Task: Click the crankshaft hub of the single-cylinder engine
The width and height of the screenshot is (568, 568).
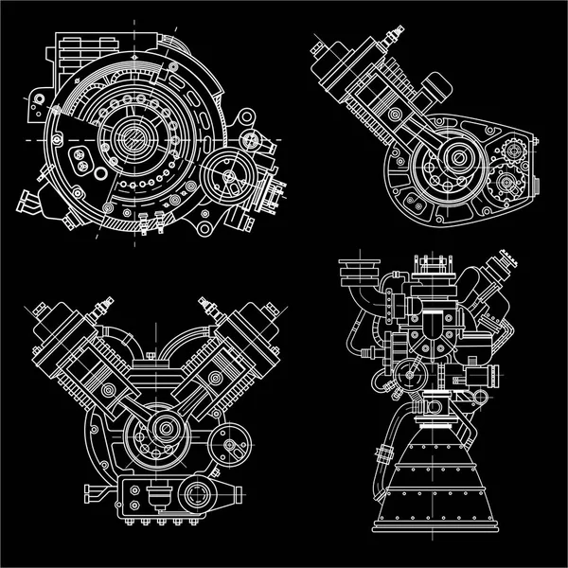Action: pyautogui.click(x=461, y=155)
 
